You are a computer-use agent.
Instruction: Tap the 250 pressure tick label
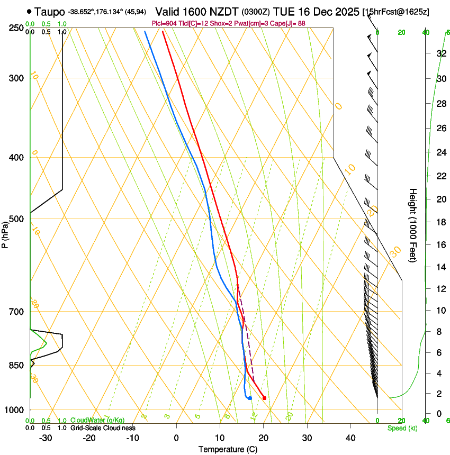coord(16,28)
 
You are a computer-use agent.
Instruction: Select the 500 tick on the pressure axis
coord(16,219)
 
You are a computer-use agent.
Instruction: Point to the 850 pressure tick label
coord(16,366)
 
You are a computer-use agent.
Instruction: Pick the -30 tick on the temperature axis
coord(46,438)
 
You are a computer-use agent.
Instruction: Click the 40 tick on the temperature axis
coord(350,438)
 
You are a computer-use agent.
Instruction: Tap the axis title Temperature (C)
coord(228,449)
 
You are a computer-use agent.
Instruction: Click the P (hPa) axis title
coord(5,233)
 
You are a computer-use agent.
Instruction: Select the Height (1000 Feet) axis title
coord(413,225)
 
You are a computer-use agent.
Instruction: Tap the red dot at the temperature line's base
coord(264,398)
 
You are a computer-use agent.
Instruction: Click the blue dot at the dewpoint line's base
coord(250,398)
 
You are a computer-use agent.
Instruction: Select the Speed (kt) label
coord(402,428)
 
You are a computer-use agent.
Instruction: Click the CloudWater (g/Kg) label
coord(97,421)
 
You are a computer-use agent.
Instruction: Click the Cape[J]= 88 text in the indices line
coord(289,23)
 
